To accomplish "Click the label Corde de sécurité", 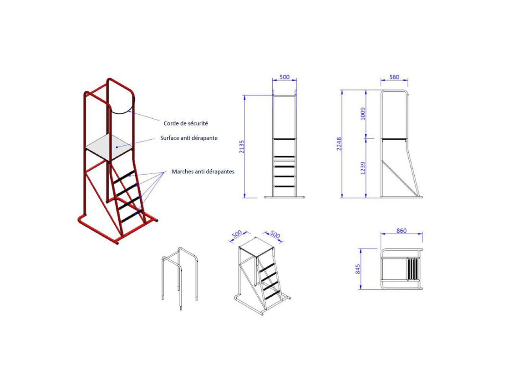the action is pyautogui.click(x=186, y=123).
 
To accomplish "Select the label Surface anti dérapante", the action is pyautogui.click(x=188, y=138).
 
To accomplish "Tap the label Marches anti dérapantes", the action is pyautogui.click(x=203, y=172).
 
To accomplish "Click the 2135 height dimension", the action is pyautogui.click(x=242, y=147).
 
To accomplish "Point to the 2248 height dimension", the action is pyautogui.click(x=339, y=144).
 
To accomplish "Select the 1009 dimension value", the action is pyautogui.click(x=363, y=114).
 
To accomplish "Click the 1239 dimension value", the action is pyautogui.click(x=363, y=168).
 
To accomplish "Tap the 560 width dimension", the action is pyautogui.click(x=394, y=77).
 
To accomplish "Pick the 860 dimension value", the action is pyautogui.click(x=401, y=231).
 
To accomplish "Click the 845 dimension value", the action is pyautogui.click(x=357, y=269).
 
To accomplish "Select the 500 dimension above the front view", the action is pyautogui.click(x=285, y=77).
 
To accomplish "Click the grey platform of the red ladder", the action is pyautogui.click(x=109, y=147).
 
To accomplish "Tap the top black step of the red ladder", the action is pyautogui.click(x=124, y=177).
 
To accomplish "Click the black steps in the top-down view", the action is pyautogui.click(x=412, y=269).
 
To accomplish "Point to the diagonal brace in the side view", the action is pyautogui.click(x=400, y=178).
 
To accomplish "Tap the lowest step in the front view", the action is pyautogui.click(x=285, y=187).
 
